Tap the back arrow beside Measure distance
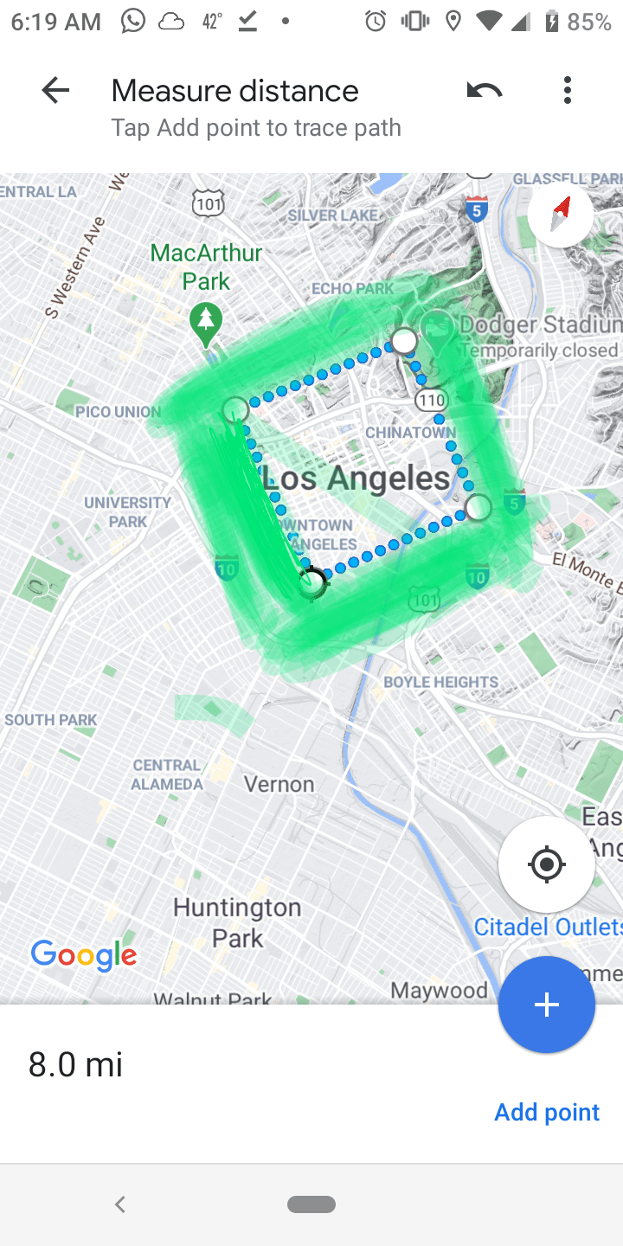(55, 90)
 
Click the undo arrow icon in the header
(484, 90)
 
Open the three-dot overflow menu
(568, 90)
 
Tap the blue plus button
(546, 1005)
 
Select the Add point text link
(546, 1112)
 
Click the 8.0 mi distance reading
(75, 1064)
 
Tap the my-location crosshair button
(546, 864)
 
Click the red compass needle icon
(562, 213)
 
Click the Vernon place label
(279, 784)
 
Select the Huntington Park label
(237, 922)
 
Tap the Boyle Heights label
(440, 682)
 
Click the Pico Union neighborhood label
(118, 411)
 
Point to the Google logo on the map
(84, 955)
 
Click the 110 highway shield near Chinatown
(430, 399)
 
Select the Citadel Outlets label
(548, 927)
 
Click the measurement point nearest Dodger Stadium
(404, 341)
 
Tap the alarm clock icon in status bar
(376, 22)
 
